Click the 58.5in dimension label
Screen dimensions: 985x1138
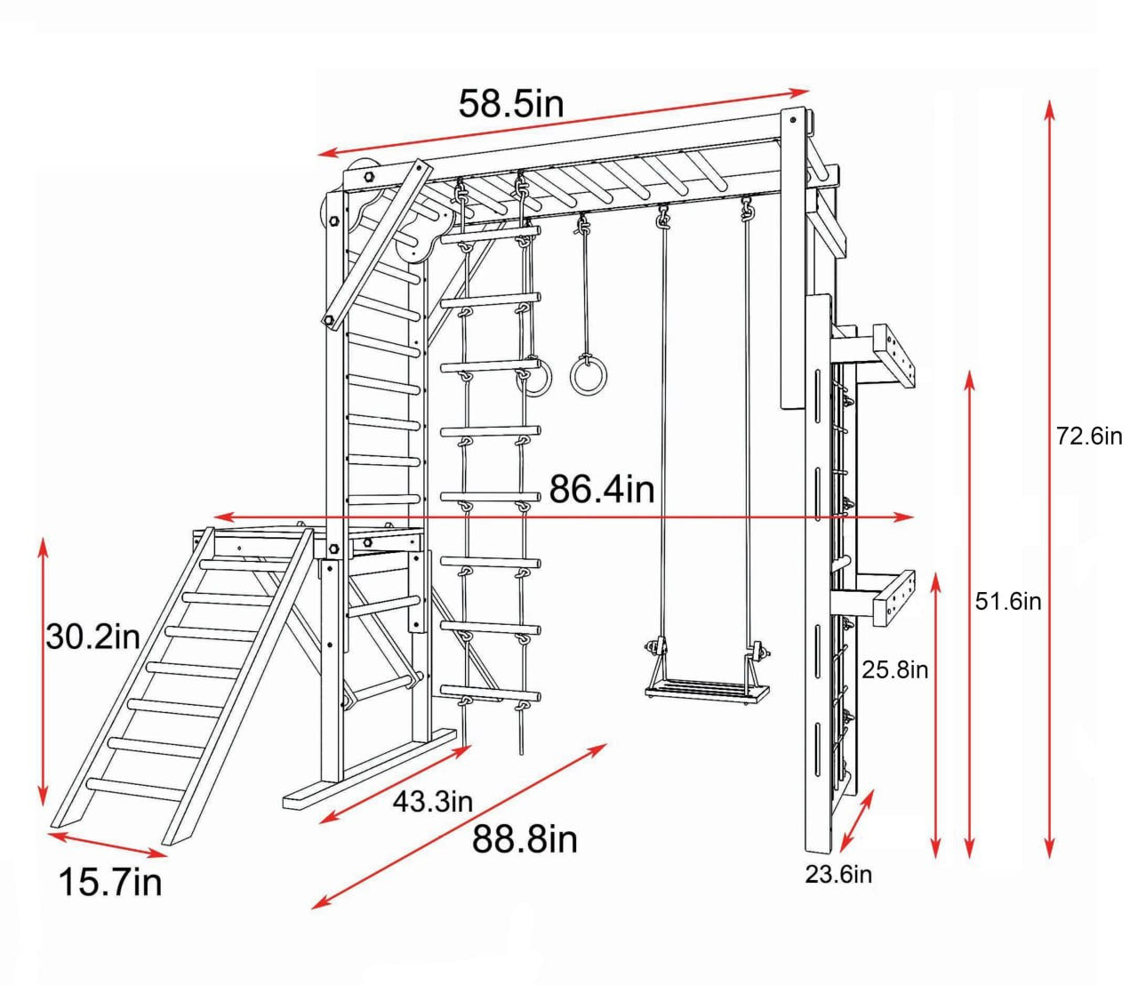pos(511,104)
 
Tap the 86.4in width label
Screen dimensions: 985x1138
pos(601,489)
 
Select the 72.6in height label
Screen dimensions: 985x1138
pos(1088,436)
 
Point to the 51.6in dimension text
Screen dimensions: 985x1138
pos(1008,602)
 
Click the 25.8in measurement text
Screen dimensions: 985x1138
pos(894,669)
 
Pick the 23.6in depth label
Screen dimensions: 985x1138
pos(838,875)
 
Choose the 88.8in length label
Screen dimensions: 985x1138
pos(525,839)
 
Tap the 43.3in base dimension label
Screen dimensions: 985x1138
pos(433,802)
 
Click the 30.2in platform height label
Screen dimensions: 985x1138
pos(93,637)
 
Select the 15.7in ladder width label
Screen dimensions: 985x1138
pos(110,883)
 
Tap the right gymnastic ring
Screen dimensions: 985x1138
pos(587,374)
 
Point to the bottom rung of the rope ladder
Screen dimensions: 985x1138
pos(491,693)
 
